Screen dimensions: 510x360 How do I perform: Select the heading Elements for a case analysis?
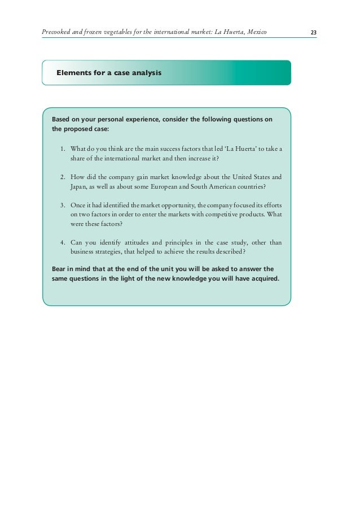coord(108,73)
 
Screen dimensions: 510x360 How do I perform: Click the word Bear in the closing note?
coord(59,269)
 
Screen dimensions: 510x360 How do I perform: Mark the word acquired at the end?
coord(264,278)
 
